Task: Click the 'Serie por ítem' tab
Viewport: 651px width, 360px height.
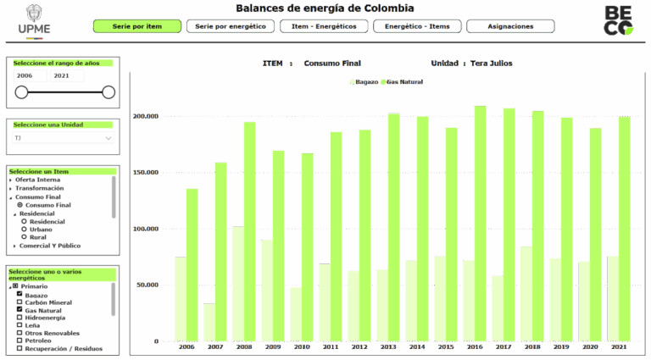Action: (x=136, y=26)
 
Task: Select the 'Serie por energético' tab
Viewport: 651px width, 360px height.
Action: (x=230, y=26)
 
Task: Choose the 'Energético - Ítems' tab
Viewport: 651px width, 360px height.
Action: (x=416, y=26)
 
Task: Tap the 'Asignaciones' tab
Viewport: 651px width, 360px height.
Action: (x=510, y=26)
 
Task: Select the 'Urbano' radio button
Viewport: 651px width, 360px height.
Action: (x=25, y=230)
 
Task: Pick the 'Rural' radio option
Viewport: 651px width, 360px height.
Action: (x=25, y=237)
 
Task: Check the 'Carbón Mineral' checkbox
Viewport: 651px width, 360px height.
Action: (x=19, y=302)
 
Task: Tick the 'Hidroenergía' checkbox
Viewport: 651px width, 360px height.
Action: (x=19, y=318)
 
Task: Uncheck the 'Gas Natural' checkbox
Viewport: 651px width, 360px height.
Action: (x=19, y=310)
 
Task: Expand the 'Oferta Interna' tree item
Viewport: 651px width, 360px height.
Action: (x=11, y=180)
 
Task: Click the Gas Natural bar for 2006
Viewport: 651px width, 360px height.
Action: (x=192, y=264)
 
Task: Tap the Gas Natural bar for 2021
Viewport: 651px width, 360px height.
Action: (x=624, y=229)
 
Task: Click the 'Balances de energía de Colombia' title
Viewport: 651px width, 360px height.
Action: (x=325, y=8)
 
